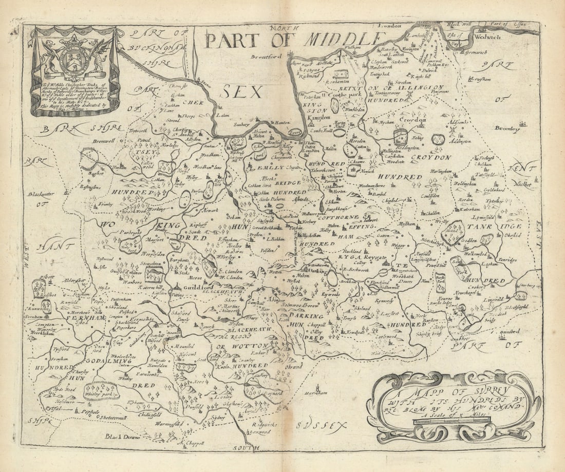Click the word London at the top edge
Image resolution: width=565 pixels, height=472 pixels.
pyautogui.click(x=389, y=25)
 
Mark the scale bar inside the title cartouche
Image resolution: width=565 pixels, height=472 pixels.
pyautogui.click(x=452, y=420)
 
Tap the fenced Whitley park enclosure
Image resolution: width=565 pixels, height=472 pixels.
pyautogui.click(x=101, y=391)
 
